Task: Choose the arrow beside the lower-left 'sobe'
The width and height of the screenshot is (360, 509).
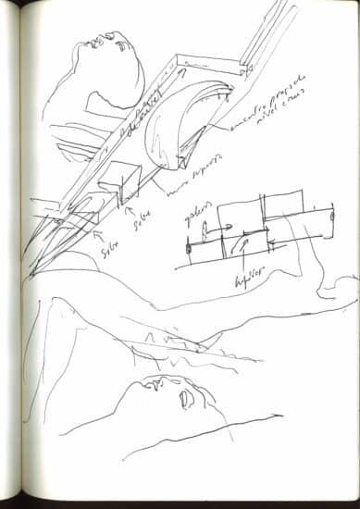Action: click(x=93, y=237)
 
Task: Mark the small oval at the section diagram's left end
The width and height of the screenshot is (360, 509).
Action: click(x=188, y=247)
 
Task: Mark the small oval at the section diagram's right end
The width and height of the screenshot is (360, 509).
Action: click(x=330, y=219)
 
